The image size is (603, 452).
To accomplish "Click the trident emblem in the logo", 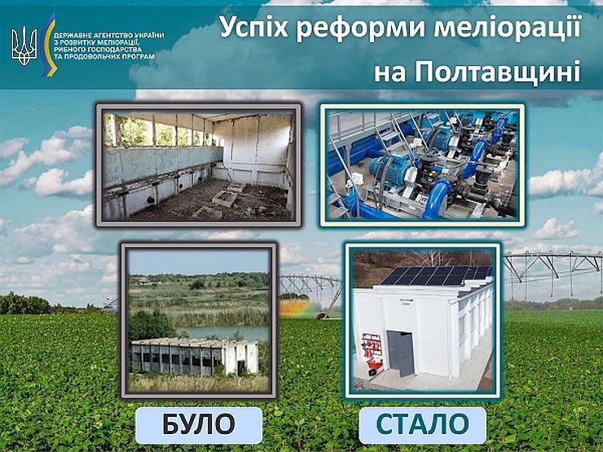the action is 24,46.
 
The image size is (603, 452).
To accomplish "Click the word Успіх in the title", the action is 253,28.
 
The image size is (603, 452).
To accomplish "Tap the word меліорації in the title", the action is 507,28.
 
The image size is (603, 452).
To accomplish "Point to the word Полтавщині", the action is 497,71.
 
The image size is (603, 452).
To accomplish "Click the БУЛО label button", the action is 199,424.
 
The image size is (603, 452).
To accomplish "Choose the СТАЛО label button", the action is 422,424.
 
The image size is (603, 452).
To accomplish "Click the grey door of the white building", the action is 401,353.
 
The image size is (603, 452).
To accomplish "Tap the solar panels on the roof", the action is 435,275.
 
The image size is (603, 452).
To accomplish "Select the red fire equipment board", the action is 372,344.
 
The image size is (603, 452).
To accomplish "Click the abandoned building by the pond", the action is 194,356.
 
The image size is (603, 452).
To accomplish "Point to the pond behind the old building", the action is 223,332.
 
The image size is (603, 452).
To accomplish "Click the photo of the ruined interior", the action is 199,165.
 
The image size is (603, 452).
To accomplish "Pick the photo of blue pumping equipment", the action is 422,165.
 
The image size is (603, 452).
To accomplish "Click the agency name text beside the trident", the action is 108,46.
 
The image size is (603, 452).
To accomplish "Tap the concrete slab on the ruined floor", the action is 225,198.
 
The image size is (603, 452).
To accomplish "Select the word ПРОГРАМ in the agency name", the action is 139,56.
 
